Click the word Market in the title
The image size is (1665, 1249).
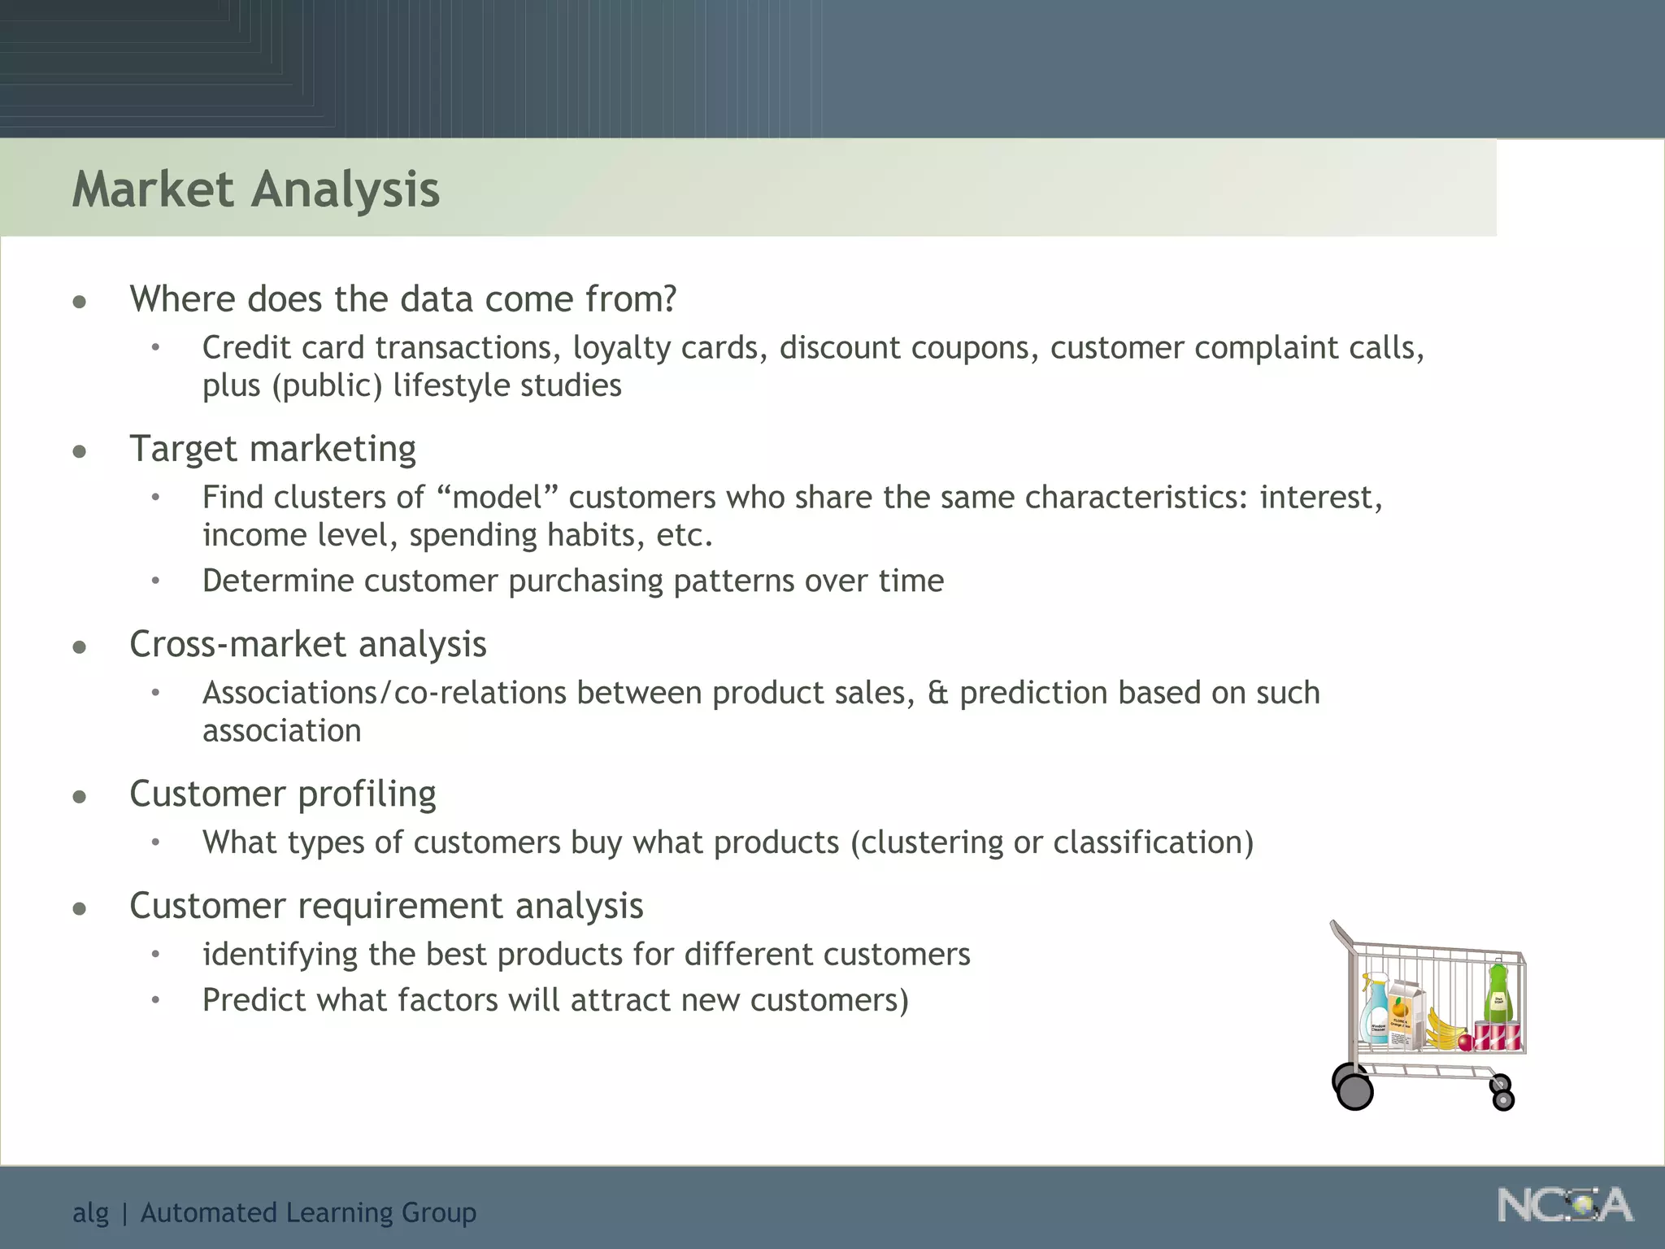pos(153,189)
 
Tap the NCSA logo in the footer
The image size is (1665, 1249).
pos(1565,1206)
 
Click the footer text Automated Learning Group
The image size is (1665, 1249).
pos(308,1212)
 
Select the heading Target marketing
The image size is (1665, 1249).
pos(272,449)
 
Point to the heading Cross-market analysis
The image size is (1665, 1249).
pos(307,644)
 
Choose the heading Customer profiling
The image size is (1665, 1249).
pos(282,794)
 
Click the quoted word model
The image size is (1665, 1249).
pos(497,497)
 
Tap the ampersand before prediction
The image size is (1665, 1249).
pos(937,693)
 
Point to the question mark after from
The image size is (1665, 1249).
pos(668,299)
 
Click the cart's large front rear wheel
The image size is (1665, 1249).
pos(1354,1091)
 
